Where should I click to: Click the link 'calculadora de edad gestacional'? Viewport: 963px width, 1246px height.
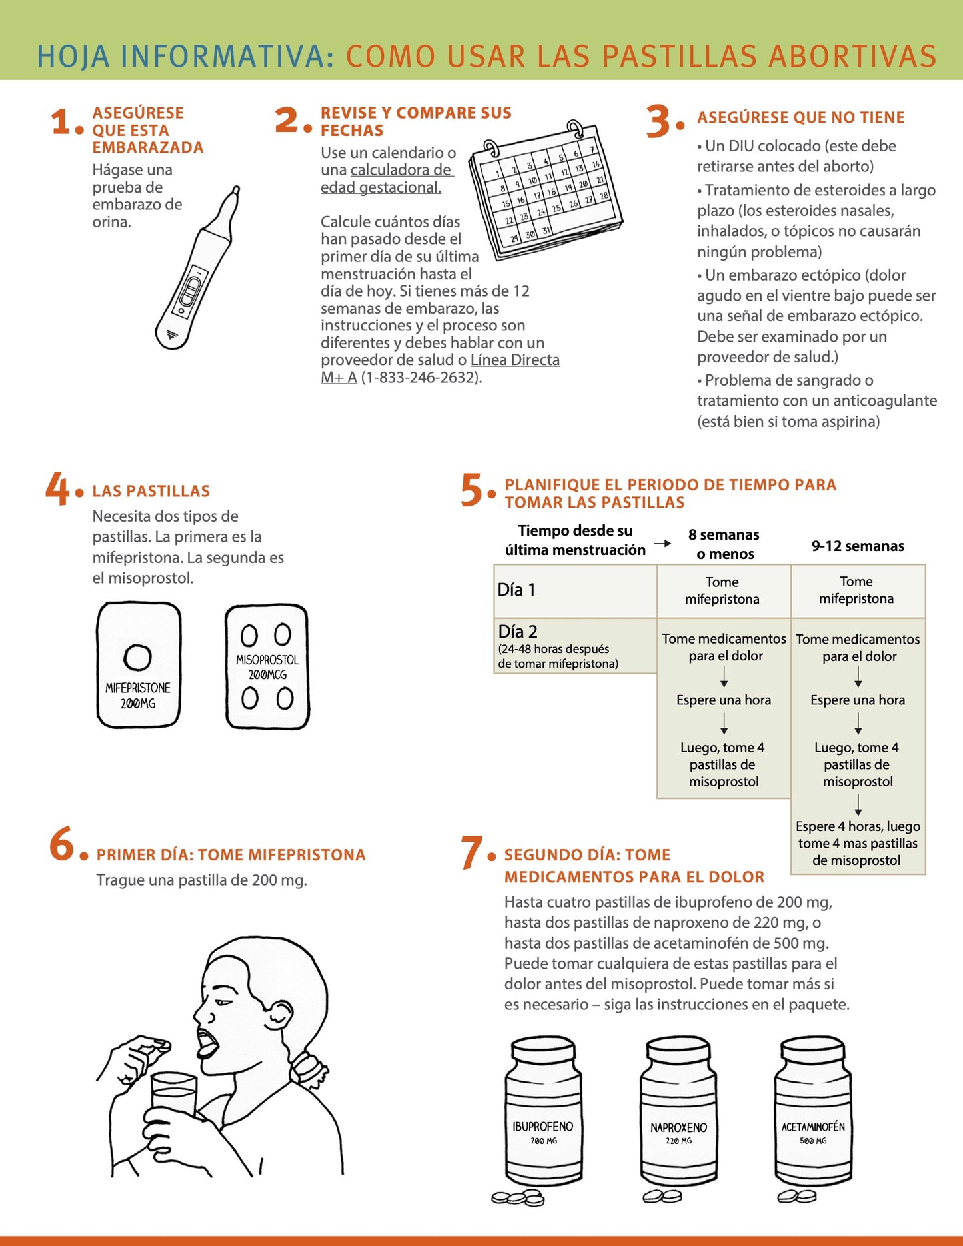pos(387,179)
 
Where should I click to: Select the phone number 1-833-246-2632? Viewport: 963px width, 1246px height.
pos(420,378)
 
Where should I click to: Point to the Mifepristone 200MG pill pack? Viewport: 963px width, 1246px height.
pos(139,665)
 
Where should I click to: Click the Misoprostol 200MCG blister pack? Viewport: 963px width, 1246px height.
pos(267,666)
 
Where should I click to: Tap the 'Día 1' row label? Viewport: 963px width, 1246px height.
pos(516,590)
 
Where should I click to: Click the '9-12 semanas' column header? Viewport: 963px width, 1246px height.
pos(858,546)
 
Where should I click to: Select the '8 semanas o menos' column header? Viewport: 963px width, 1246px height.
pos(724,544)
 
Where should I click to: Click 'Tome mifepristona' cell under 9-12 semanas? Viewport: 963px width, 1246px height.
pos(856,590)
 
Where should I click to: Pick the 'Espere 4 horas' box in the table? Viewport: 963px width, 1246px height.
pos(858,843)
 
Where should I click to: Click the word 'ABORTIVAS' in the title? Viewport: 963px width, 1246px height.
pos(852,56)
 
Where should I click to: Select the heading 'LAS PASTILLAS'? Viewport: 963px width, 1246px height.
pos(151,492)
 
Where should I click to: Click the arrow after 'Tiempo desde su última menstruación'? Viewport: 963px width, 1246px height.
pos(662,544)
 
